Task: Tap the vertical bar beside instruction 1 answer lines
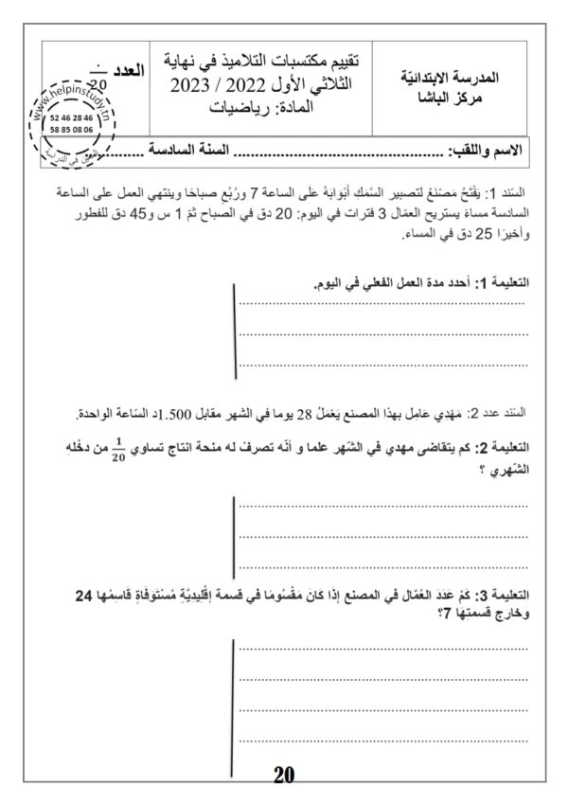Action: tap(234, 331)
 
